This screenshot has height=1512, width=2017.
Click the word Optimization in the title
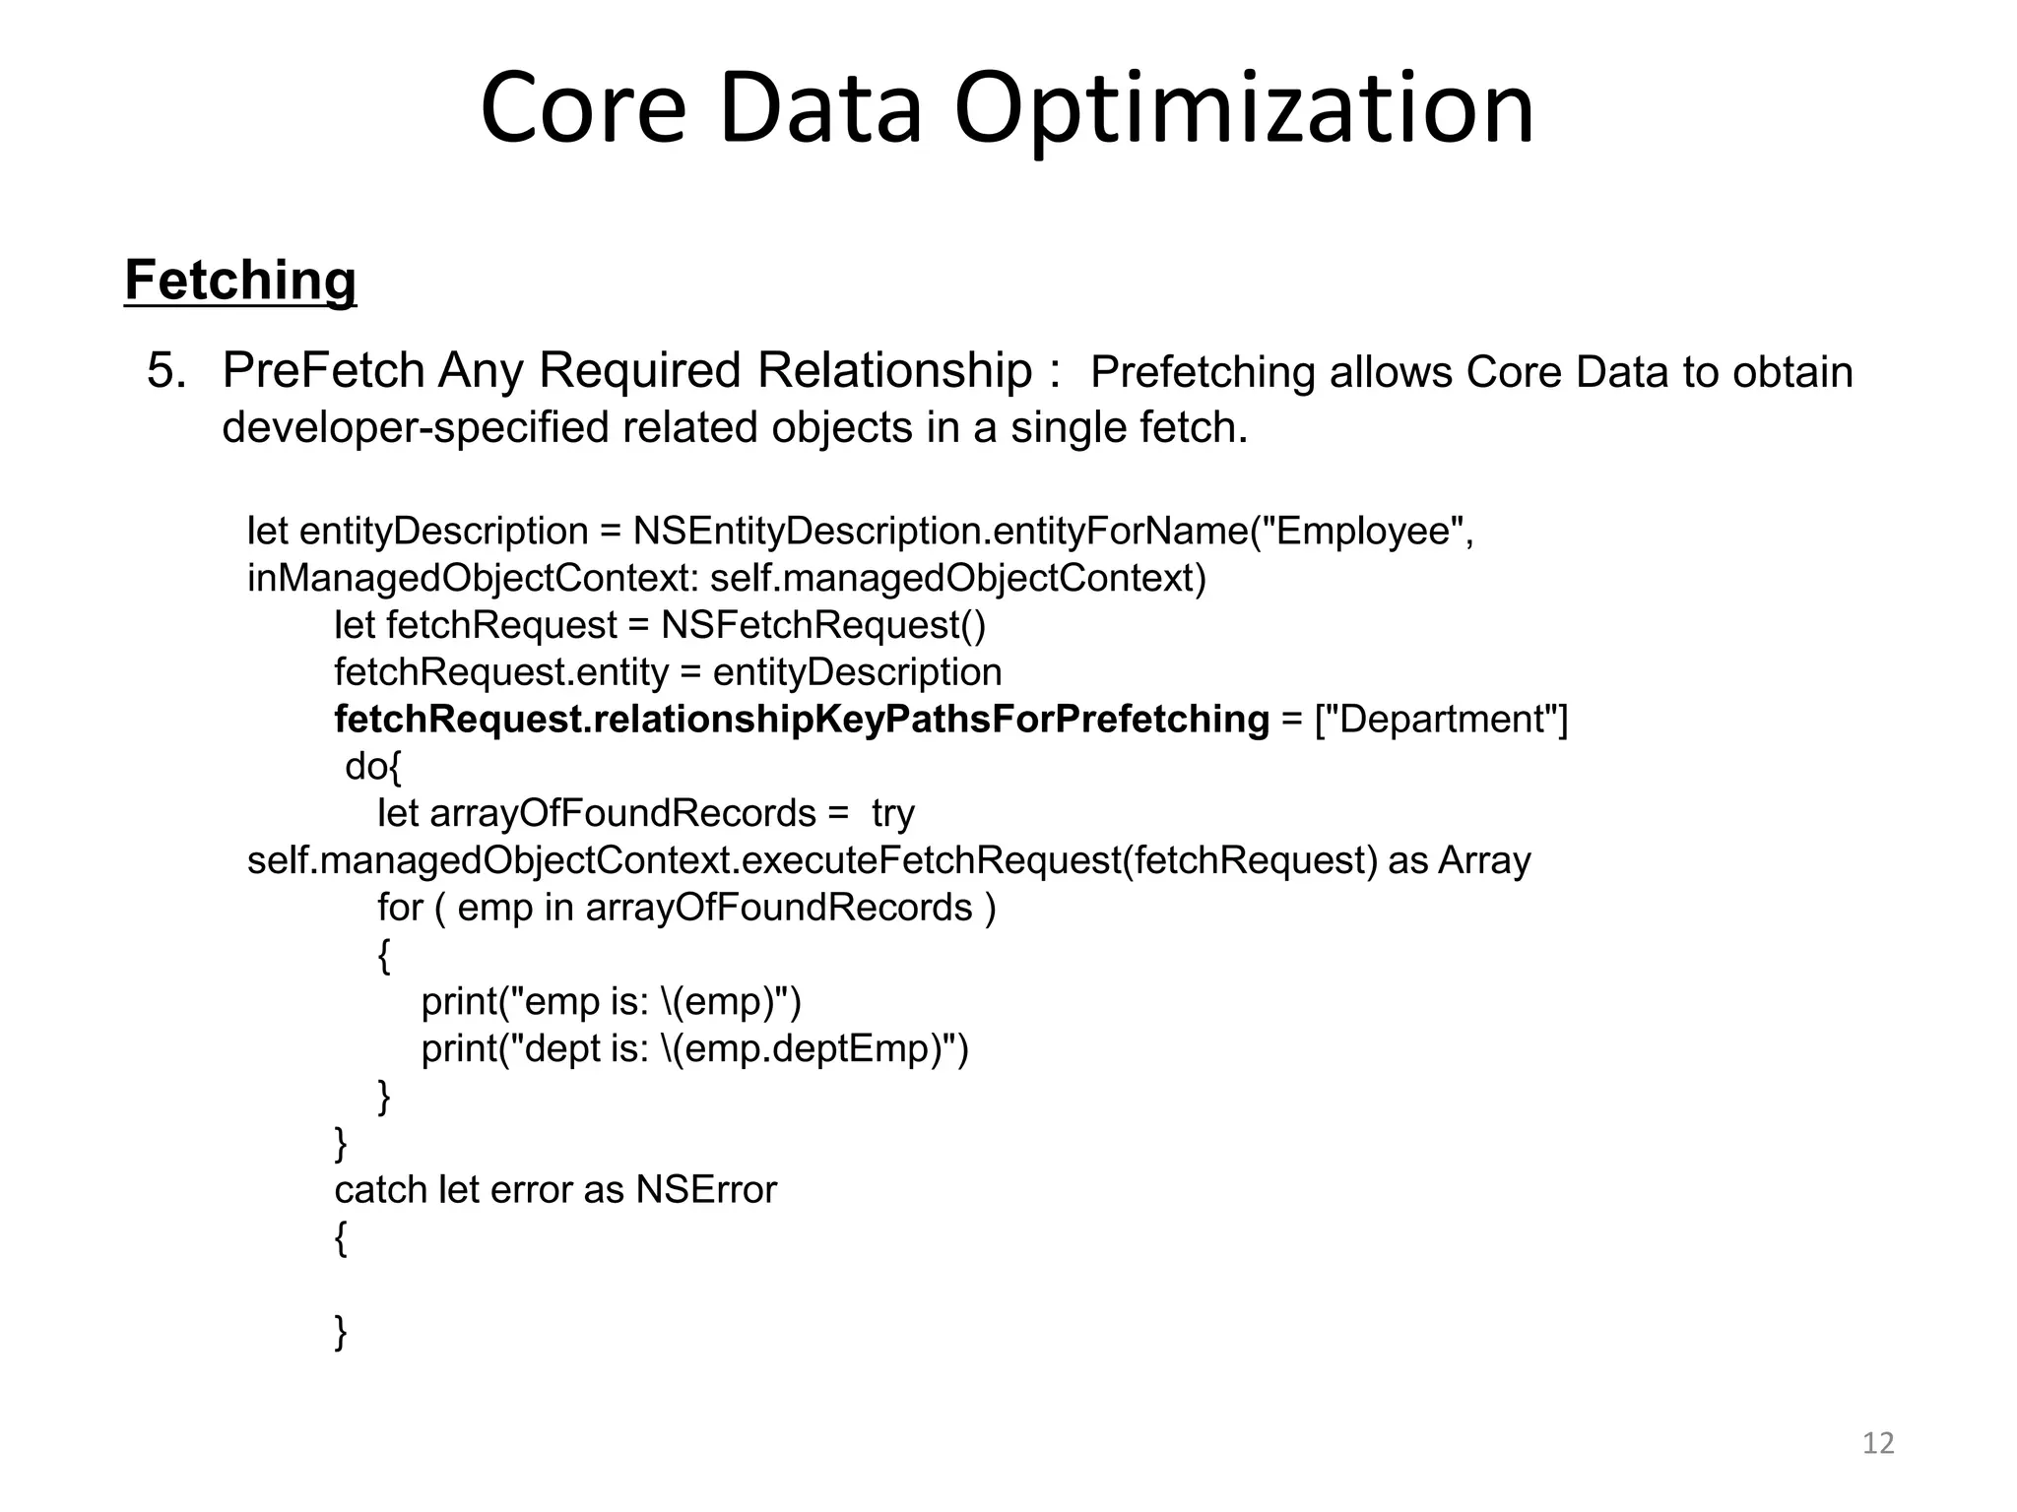[x=1243, y=108]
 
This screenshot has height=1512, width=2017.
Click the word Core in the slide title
[x=582, y=108]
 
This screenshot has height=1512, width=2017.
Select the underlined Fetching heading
[x=240, y=281]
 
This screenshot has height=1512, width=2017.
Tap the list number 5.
[x=166, y=372]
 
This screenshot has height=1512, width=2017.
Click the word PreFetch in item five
[x=323, y=371]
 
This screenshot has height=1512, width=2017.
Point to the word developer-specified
[x=415, y=427]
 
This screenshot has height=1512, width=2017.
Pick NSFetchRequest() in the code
[x=823, y=625]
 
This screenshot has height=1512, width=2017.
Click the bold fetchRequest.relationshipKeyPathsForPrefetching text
[x=802, y=720]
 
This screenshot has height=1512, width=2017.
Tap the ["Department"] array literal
[x=1442, y=720]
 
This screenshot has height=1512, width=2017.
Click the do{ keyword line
[x=373, y=767]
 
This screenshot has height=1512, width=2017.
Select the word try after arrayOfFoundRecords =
[x=893, y=814]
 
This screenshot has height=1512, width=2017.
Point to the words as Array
[x=1460, y=860]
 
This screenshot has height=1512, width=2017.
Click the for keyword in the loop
[x=400, y=908]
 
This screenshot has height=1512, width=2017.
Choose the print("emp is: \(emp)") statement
[x=611, y=1002]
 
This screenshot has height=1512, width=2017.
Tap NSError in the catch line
[x=706, y=1190]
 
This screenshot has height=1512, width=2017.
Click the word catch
[x=380, y=1190]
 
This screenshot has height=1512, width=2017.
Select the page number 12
[x=1878, y=1443]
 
